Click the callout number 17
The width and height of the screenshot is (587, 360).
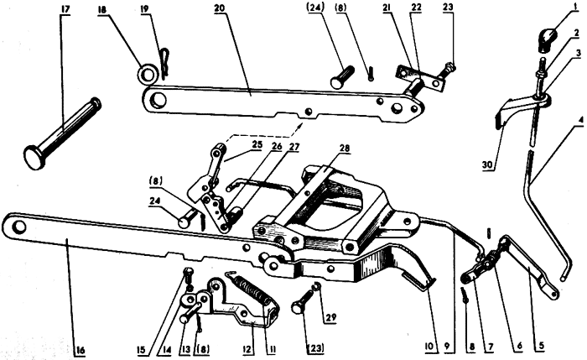coord(65,9)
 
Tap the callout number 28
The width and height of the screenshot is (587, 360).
coord(344,149)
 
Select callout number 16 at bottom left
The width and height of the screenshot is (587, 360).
coord(80,350)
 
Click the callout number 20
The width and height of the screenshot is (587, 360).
coord(220,9)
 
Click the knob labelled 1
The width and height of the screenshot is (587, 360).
coord(548,39)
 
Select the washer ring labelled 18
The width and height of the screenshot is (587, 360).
coord(147,74)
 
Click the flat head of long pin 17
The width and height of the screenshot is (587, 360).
coord(34,157)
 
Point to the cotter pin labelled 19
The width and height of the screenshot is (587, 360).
coord(164,64)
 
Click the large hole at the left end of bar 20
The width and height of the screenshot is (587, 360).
coord(158,100)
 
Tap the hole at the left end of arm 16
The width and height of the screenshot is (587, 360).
coord(18,227)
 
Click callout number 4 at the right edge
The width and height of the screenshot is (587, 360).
coord(580,121)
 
